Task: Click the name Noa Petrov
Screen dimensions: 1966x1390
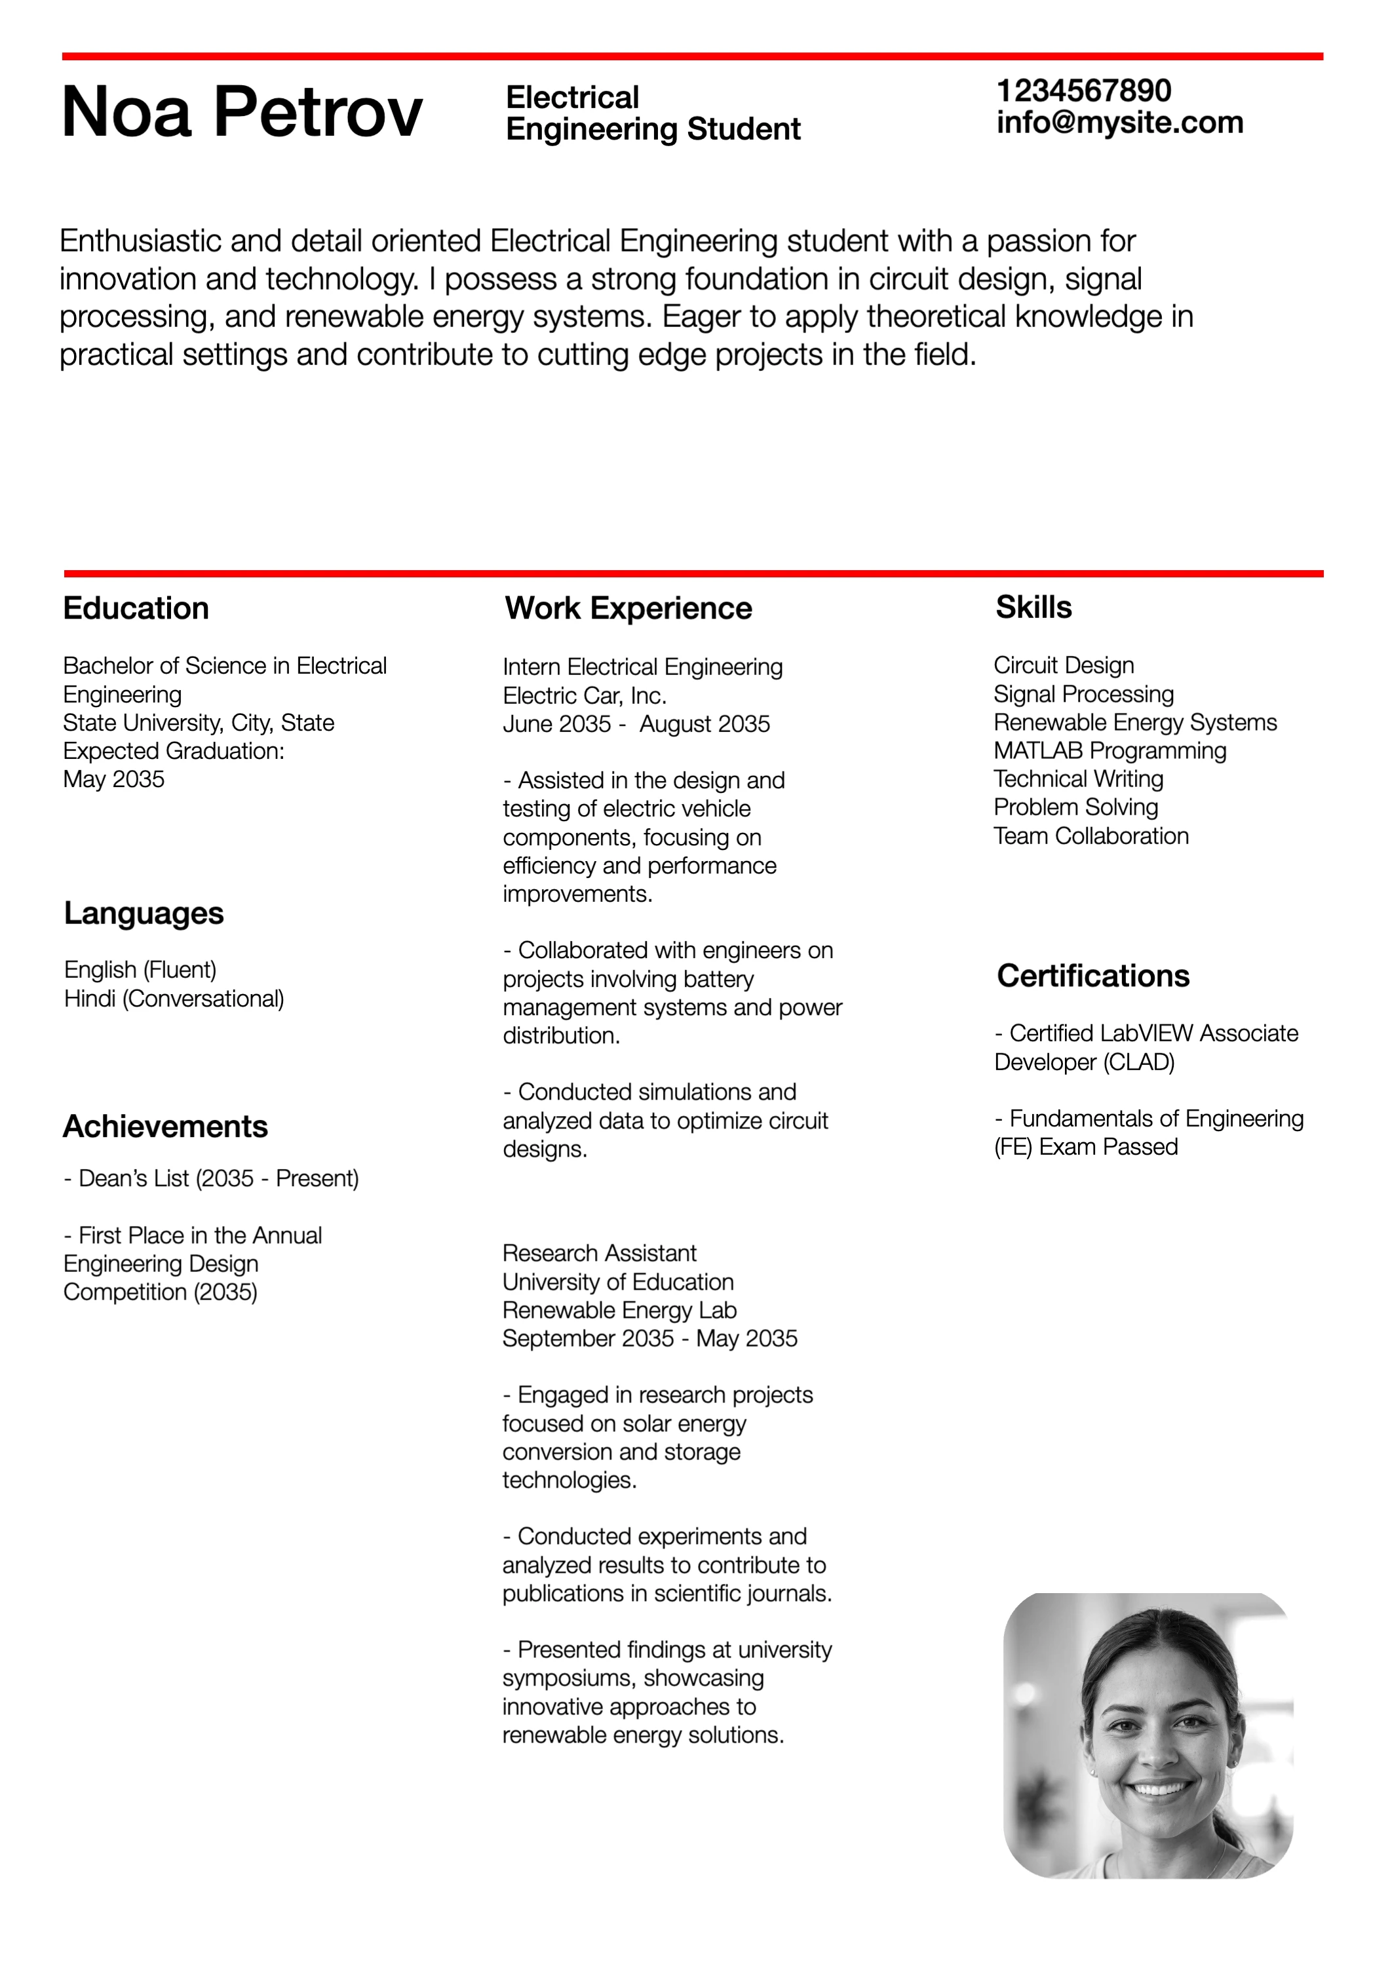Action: [x=242, y=112]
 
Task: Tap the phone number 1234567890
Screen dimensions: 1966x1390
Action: [x=1083, y=91]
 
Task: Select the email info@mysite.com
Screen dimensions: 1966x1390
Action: [x=1119, y=123]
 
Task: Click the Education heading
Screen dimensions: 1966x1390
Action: [x=136, y=609]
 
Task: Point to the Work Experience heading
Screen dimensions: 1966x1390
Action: [x=628, y=609]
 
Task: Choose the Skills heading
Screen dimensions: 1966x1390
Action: [x=1033, y=608]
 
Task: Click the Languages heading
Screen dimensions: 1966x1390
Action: [x=144, y=914]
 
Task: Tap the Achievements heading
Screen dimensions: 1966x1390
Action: [x=165, y=1127]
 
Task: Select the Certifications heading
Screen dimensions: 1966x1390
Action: [x=1093, y=976]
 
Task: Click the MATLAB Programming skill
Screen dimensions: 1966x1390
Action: [x=1110, y=751]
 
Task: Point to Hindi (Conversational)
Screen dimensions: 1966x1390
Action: [x=174, y=999]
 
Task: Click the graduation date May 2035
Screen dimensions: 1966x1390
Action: [x=114, y=779]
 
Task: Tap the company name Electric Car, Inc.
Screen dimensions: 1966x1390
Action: [x=585, y=695]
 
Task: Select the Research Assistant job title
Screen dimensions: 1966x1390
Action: [x=600, y=1254]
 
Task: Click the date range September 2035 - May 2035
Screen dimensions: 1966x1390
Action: [x=650, y=1338]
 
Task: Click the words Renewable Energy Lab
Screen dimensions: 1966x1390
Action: [x=619, y=1310]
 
